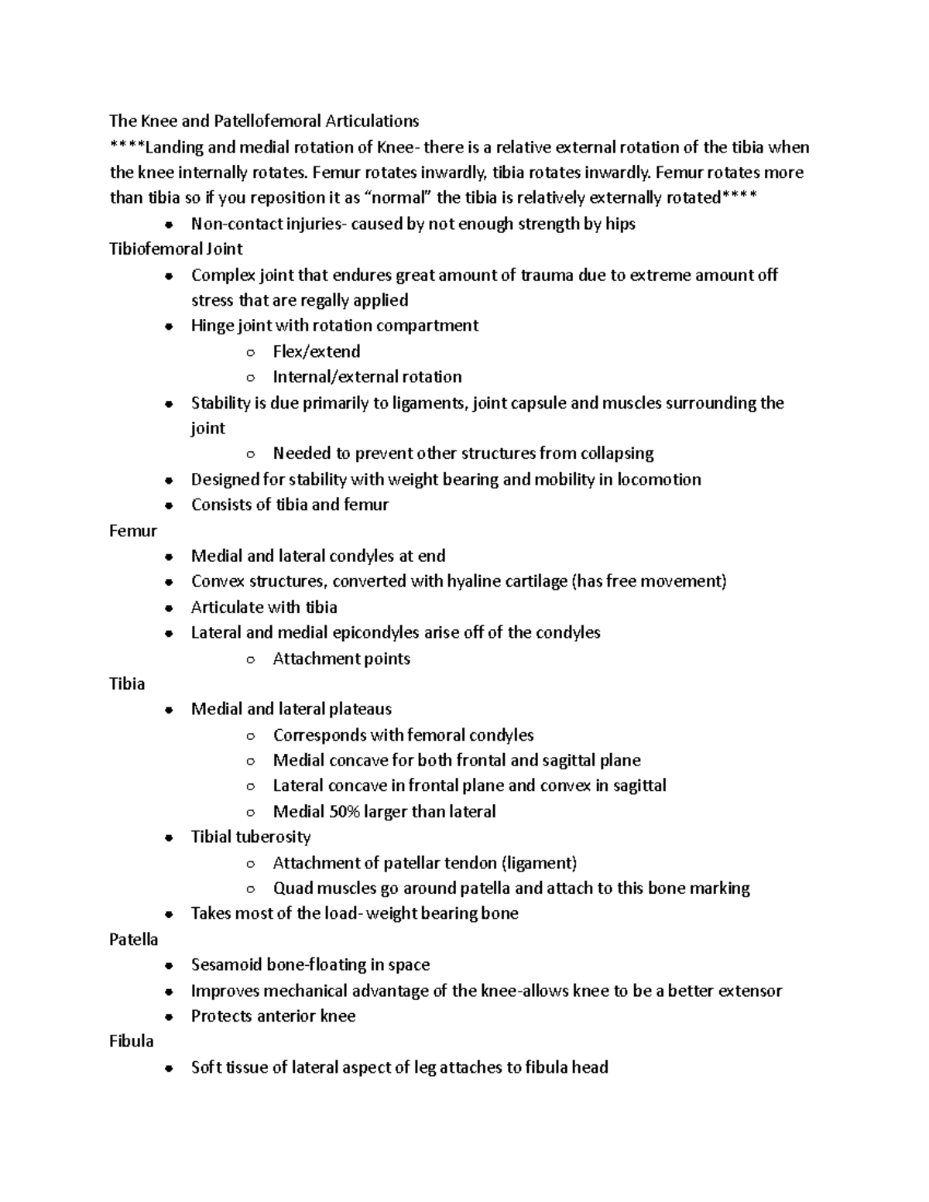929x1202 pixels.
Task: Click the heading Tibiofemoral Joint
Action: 176,249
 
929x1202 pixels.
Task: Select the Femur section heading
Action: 133,531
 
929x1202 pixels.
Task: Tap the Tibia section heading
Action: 127,683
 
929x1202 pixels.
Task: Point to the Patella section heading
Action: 133,939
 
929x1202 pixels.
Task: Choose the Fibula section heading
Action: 132,1041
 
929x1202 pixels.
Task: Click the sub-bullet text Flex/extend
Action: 317,351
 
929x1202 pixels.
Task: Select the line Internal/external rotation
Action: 367,377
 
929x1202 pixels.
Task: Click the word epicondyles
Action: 375,632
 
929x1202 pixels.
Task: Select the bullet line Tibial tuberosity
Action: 251,837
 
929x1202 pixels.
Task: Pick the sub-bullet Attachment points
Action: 341,659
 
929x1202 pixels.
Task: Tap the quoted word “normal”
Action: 399,197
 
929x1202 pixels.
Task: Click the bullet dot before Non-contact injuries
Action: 168,225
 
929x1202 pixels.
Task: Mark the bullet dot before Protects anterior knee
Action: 168,1017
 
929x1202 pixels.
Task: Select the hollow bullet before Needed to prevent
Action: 249,454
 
